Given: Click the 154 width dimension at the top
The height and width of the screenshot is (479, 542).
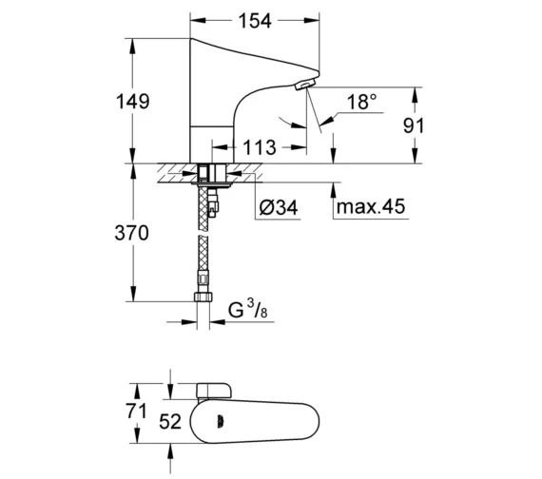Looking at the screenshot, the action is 255,21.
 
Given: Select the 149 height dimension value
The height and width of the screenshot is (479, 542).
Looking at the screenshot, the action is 133,102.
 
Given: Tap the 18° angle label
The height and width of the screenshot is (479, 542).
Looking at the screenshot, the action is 362,102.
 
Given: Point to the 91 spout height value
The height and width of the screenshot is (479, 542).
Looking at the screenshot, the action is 413,125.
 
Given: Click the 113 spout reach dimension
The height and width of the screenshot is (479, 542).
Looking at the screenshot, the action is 260,147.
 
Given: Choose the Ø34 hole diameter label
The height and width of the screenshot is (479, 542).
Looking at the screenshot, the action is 279,207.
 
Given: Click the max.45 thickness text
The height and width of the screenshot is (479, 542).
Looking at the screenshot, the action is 371,206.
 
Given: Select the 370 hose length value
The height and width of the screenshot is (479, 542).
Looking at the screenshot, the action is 132,233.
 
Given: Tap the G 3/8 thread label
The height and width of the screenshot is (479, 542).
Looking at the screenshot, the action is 248,309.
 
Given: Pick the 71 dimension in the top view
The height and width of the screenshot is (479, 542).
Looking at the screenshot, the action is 136,411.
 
